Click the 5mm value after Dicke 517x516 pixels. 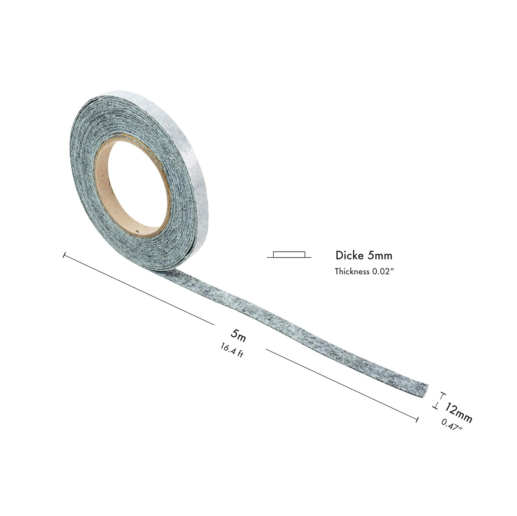tap(380, 255)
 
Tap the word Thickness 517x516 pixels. tap(352, 271)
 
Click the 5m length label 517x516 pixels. tap(239, 335)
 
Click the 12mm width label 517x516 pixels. tap(458, 412)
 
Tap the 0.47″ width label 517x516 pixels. tap(452, 425)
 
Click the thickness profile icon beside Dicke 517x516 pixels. tap(289, 255)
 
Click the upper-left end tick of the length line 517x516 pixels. tap(64, 255)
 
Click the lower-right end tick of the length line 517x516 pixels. tap(417, 419)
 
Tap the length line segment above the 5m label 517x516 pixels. tap(138, 289)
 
